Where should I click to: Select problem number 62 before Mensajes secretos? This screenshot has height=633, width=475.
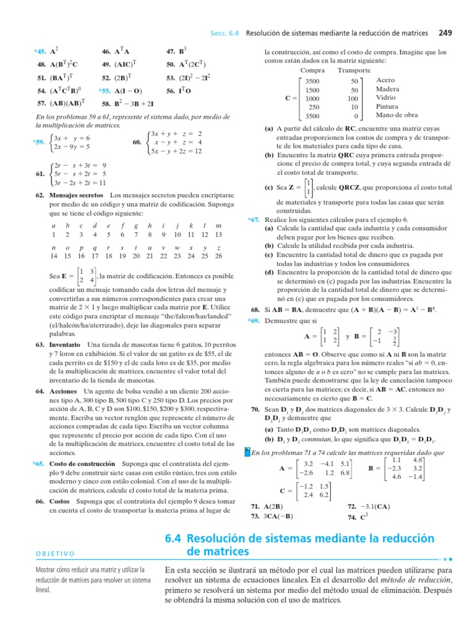pos(40,195)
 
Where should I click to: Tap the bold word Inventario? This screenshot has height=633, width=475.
pos(65,344)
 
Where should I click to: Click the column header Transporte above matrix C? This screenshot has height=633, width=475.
pos(354,70)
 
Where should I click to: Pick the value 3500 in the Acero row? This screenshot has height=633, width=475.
pos(313,81)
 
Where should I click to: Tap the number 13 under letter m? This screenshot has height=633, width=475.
pos(218,234)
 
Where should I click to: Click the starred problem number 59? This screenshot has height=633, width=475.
pos(38,142)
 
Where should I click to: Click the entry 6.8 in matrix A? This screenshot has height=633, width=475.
pos(345,473)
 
